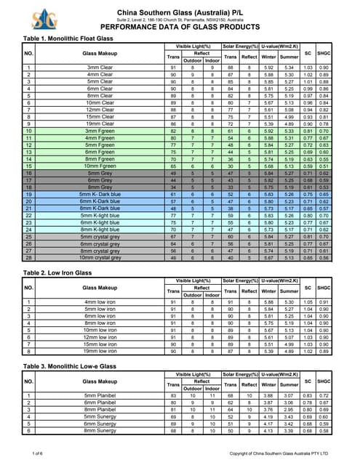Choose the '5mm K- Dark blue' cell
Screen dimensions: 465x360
point(100,195)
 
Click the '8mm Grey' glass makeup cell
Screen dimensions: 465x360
point(100,188)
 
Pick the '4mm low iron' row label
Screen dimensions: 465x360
point(100,301)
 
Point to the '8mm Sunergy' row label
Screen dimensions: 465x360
point(100,431)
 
